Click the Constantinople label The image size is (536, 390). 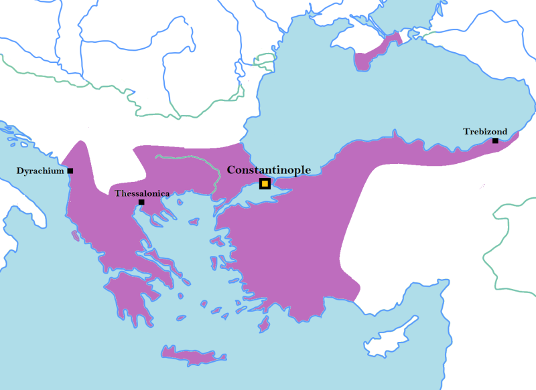click(x=269, y=170)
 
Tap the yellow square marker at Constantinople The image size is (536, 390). click(x=265, y=183)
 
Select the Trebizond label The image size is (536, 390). click(x=485, y=132)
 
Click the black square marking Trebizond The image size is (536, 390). click(x=495, y=140)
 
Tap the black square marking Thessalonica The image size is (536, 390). click(x=141, y=202)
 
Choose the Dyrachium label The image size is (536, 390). click(x=40, y=171)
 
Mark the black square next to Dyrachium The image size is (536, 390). click(x=70, y=171)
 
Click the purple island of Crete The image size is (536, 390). click(x=192, y=355)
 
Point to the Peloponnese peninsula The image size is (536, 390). click(x=131, y=298)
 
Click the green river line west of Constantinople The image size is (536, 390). click(x=191, y=161)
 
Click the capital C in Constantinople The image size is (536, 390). click(x=232, y=170)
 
